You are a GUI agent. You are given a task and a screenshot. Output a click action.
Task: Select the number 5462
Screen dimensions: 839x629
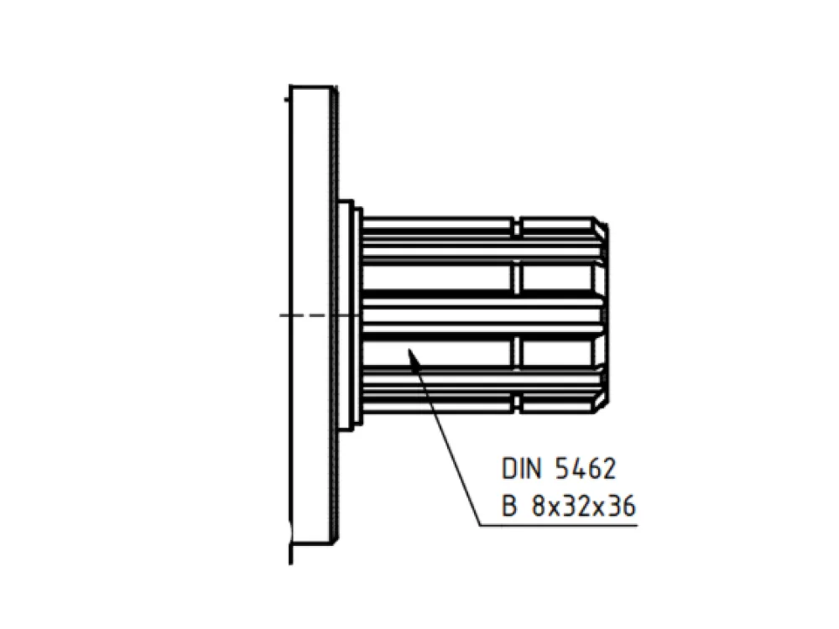pos(586,469)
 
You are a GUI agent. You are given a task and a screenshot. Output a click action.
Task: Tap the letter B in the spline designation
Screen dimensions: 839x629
pos(509,506)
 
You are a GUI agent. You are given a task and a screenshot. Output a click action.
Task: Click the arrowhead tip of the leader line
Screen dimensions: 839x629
pos(409,349)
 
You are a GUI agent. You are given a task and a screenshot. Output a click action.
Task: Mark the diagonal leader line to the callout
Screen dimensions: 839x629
pos(444,437)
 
